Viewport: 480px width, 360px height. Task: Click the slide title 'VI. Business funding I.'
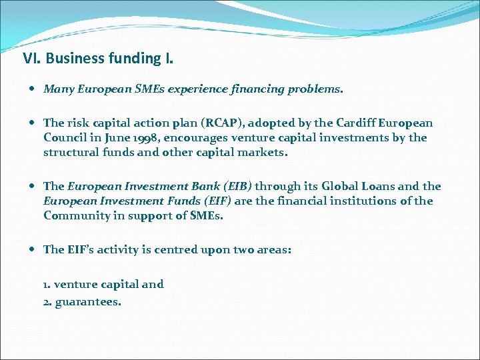tap(98, 59)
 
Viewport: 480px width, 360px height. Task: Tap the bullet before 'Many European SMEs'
tap(33, 89)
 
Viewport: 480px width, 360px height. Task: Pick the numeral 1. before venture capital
tap(47, 285)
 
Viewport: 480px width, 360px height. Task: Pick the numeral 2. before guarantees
tap(47, 302)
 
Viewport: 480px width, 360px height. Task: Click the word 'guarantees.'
tap(88, 302)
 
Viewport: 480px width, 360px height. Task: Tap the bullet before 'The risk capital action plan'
tap(33, 123)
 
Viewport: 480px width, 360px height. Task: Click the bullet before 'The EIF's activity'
tap(33, 249)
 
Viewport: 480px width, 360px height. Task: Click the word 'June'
tap(112, 138)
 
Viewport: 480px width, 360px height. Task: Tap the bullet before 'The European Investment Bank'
tap(33, 187)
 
